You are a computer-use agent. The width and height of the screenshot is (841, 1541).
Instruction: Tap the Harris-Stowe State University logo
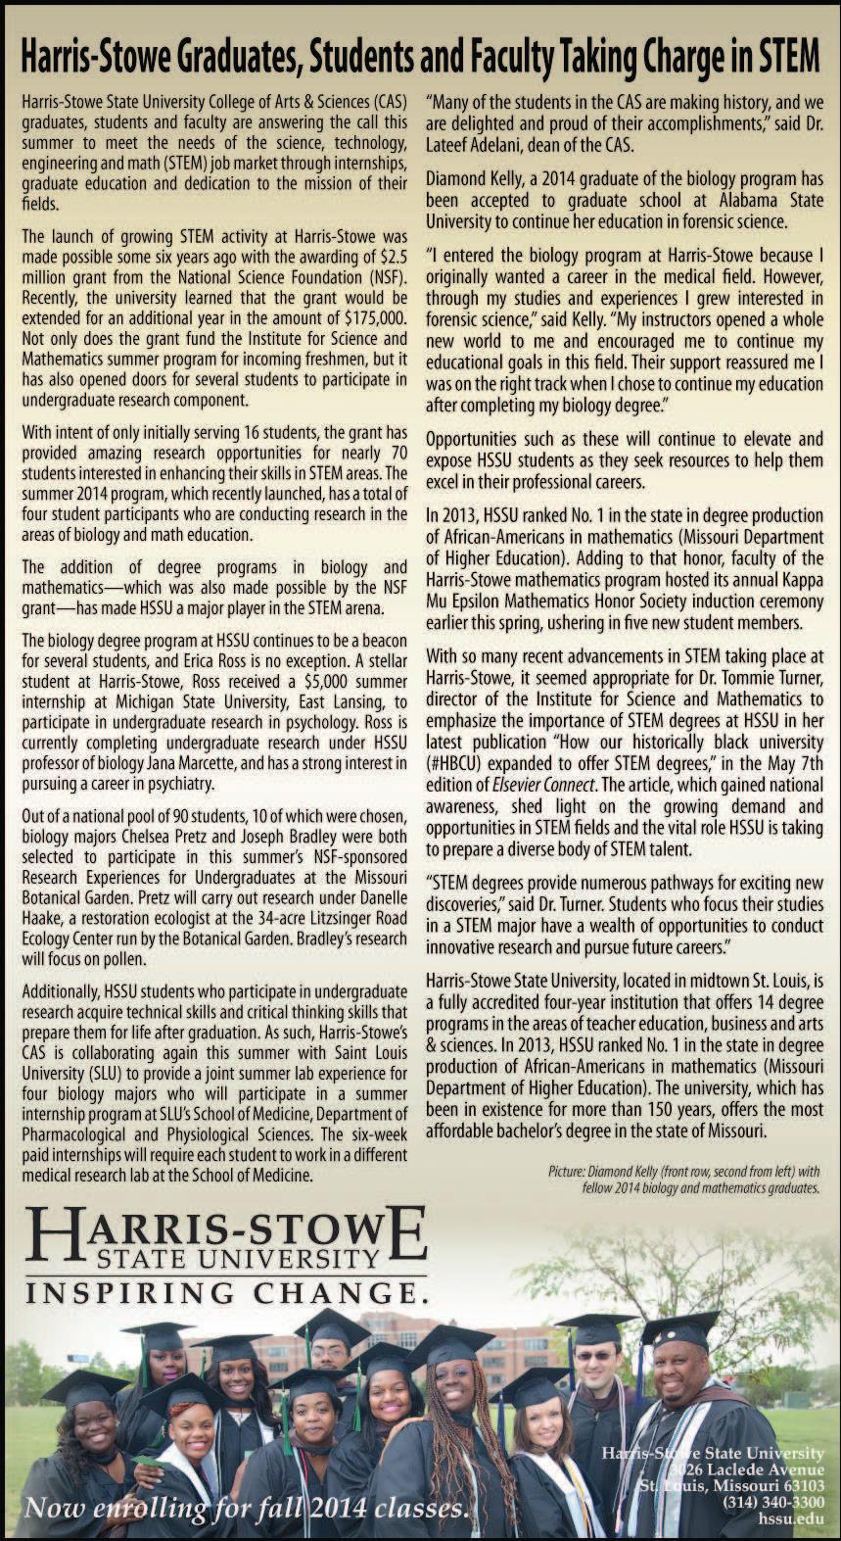(x=226, y=1238)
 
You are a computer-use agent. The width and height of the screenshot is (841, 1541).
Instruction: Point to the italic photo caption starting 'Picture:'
(x=683, y=1179)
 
